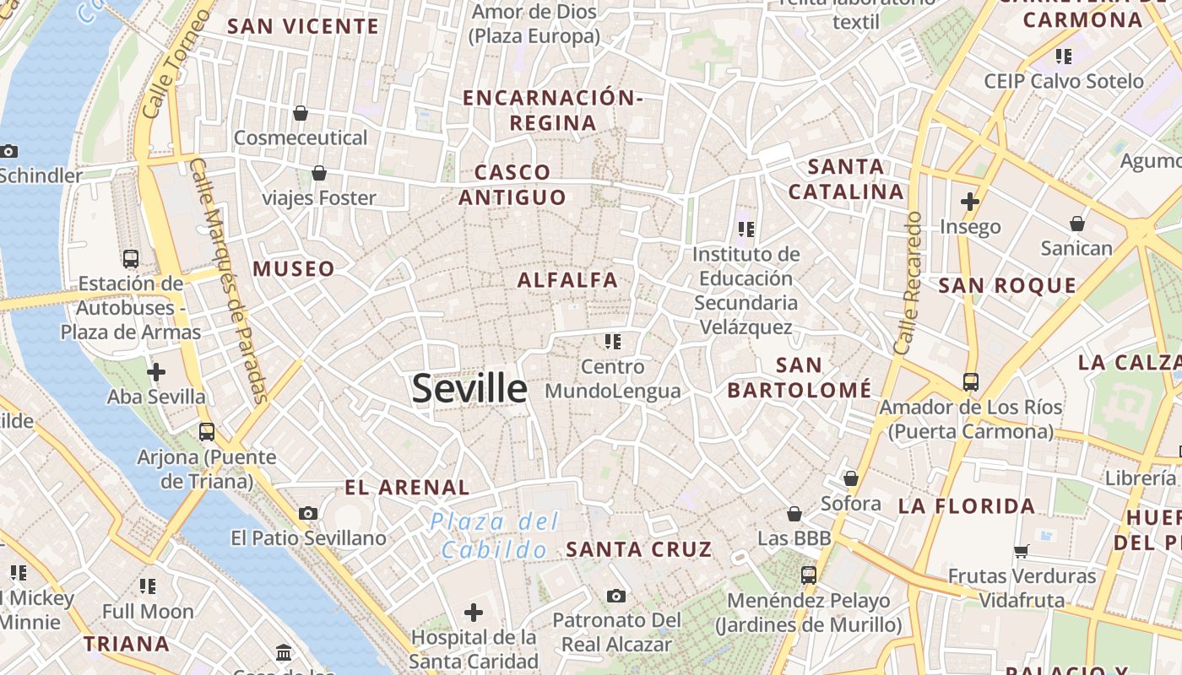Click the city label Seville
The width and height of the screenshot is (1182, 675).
click(469, 388)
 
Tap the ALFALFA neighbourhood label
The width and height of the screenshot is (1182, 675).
click(567, 279)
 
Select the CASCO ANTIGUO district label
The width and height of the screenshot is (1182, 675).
click(512, 185)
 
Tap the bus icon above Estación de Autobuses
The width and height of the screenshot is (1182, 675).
click(131, 258)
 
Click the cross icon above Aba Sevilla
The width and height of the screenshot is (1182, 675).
click(156, 371)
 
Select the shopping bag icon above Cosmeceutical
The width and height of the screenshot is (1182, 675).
click(300, 113)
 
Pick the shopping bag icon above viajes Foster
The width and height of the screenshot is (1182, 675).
click(319, 173)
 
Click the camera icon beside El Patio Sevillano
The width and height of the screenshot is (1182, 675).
click(308, 513)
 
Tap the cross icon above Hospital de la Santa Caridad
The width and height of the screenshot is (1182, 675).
click(474, 612)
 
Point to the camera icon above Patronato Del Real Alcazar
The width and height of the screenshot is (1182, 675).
click(616, 596)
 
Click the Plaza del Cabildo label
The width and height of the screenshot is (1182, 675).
click(494, 536)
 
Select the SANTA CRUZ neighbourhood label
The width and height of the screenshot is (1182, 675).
click(639, 549)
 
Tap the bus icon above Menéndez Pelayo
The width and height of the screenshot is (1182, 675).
click(809, 575)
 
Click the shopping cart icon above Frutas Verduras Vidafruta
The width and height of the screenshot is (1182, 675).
click(1022, 552)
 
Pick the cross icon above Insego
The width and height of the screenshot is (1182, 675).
click(970, 202)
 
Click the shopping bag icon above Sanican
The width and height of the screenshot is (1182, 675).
click(1076, 224)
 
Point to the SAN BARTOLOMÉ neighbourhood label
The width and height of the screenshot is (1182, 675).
click(799, 377)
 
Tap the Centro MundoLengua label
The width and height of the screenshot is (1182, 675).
click(613, 379)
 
